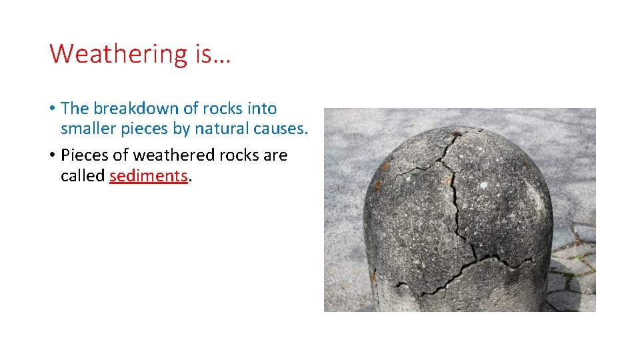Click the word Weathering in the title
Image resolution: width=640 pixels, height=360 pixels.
119,54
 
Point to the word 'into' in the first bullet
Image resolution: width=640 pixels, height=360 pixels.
261,108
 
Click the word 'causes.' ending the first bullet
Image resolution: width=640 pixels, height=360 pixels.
282,129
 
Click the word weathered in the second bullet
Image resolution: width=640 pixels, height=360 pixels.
171,155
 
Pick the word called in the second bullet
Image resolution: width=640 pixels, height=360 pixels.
83,176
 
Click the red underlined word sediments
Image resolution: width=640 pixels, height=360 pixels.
149,176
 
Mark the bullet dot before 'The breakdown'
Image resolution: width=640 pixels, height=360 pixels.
51,109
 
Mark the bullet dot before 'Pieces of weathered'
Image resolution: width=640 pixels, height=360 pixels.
51,156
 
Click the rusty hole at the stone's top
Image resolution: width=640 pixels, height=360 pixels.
457,135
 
